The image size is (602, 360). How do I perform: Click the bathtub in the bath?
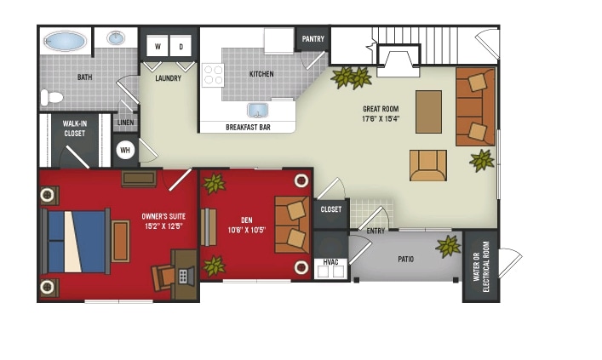(65, 41)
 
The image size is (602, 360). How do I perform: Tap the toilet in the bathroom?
(53, 97)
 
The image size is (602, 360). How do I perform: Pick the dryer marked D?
(181, 46)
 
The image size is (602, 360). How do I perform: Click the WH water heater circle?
(125, 151)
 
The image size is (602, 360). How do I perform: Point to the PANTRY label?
(312, 39)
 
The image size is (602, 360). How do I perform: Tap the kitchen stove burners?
(213, 75)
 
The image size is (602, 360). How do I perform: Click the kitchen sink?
(259, 110)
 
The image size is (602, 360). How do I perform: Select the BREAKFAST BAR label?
(248, 128)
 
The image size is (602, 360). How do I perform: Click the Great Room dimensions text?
(381, 119)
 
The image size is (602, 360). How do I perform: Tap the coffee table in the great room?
(428, 111)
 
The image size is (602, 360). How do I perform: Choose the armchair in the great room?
(427, 165)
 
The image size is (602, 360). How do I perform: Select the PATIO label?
(405, 259)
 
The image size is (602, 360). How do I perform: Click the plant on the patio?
(448, 247)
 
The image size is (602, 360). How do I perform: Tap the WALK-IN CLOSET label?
(75, 129)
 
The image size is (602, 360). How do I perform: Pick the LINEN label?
(125, 123)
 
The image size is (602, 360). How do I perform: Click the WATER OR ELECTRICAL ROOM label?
(481, 266)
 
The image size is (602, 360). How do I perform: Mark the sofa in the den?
(292, 226)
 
